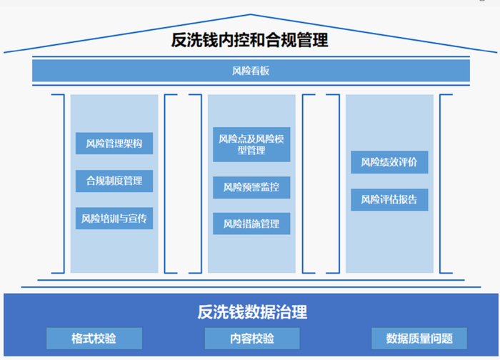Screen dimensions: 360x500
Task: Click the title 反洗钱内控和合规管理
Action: point(250,39)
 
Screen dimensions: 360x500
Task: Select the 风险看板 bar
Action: point(251,71)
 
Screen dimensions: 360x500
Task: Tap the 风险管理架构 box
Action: point(114,144)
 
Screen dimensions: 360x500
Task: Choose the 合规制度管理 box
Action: point(114,181)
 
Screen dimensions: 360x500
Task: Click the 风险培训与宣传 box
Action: point(114,218)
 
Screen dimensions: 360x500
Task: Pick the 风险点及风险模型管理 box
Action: point(251,144)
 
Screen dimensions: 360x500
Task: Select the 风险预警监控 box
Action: point(251,187)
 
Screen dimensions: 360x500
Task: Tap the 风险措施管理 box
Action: point(251,224)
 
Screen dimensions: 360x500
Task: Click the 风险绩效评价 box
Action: point(389,162)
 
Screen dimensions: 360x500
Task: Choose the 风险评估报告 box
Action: point(389,199)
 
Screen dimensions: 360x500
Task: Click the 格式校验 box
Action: point(94,338)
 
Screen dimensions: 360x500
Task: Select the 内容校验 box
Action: point(252,338)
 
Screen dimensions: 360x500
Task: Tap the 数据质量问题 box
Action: point(419,338)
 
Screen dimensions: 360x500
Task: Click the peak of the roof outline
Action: point(250,15)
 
